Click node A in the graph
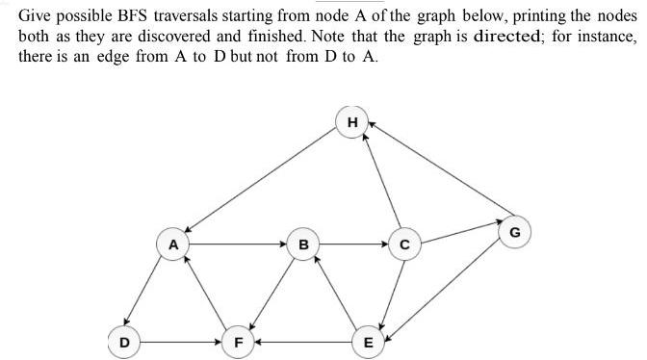[173, 244]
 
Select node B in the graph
[303, 244]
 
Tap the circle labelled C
[404, 244]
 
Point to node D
[123, 341]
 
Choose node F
[237, 341]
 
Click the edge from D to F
[180, 341]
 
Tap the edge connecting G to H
[439, 173]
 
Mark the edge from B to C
[353, 244]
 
